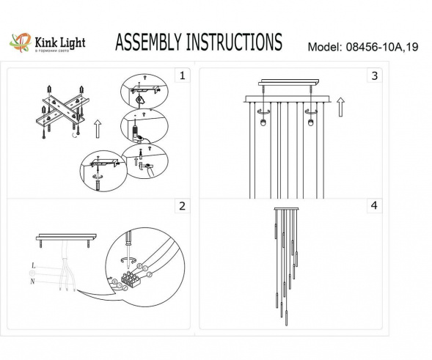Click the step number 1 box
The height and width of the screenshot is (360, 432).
(x=182, y=76)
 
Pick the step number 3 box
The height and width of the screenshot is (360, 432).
(x=375, y=76)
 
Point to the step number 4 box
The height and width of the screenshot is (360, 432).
(x=375, y=206)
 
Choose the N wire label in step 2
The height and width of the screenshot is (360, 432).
(x=33, y=280)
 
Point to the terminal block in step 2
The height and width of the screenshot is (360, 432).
(x=128, y=279)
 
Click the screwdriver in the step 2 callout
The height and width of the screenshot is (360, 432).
(x=128, y=242)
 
